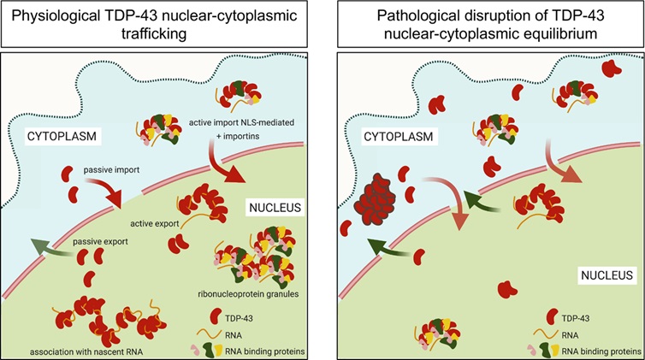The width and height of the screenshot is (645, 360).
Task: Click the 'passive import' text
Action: point(111,171)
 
